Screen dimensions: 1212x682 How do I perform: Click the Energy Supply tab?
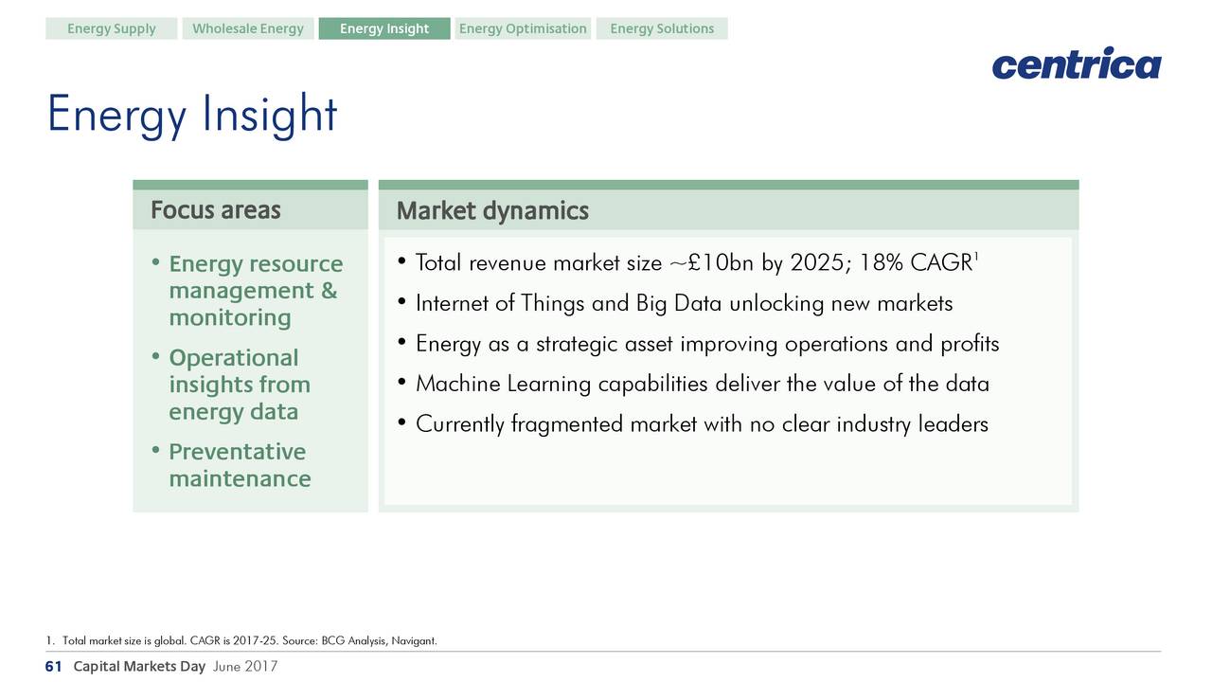click(111, 28)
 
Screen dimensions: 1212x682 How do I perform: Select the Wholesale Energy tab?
click(248, 28)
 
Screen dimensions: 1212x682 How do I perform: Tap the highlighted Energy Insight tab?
click(384, 28)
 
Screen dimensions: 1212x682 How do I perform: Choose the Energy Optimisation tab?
click(523, 28)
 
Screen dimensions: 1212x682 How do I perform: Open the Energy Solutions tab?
click(662, 28)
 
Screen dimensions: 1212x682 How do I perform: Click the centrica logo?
click(1077, 63)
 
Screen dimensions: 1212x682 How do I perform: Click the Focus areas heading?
click(215, 210)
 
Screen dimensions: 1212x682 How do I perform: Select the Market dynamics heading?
click(492, 210)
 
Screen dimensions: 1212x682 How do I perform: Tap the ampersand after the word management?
click(329, 291)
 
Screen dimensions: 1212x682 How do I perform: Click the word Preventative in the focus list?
click(237, 452)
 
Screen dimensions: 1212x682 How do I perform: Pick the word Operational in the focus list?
click(234, 358)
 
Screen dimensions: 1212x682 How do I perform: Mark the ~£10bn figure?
click(711, 263)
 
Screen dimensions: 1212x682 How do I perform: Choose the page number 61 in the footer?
click(53, 666)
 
